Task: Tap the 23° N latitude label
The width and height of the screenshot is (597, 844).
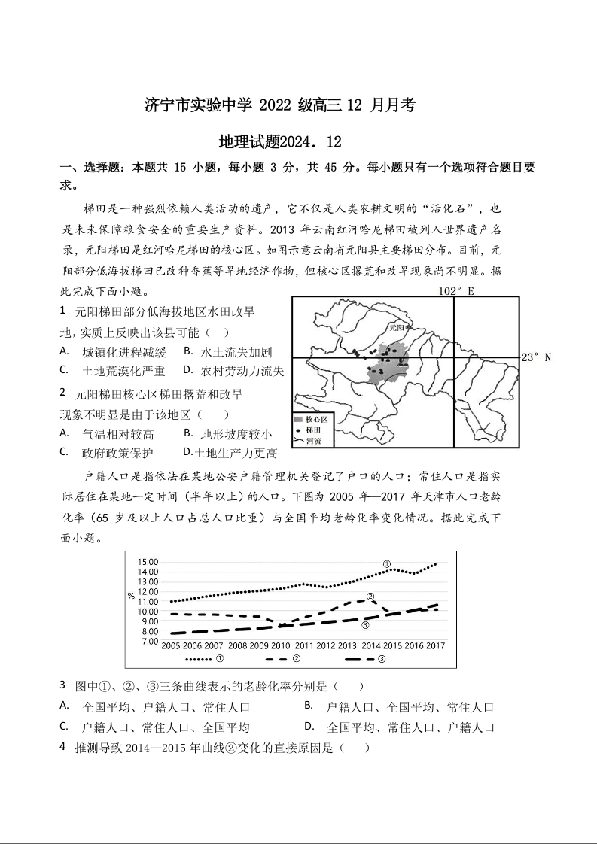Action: coord(537,357)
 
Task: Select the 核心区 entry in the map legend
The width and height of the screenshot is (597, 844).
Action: coord(310,419)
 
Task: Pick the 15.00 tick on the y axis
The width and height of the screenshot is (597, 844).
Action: coord(148,562)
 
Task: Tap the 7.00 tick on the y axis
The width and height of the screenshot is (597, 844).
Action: coord(148,641)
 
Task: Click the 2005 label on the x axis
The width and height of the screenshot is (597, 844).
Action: coord(171,646)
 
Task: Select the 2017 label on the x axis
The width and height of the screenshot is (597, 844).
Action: coord(435,646)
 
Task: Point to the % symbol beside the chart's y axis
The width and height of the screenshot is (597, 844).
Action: coord(131,596)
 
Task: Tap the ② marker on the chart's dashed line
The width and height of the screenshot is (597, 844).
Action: coord(370,597)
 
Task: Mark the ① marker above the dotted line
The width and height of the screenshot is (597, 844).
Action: coord(386,563)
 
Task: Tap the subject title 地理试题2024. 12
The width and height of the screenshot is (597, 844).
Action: coord(280,142)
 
